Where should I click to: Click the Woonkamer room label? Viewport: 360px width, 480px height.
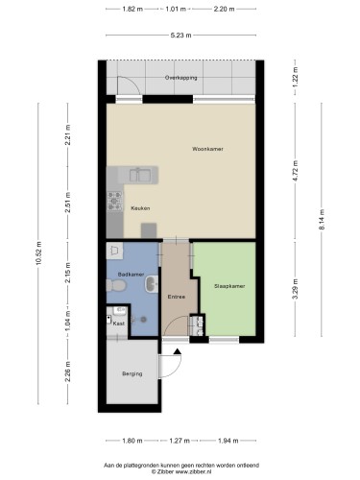[207, 149]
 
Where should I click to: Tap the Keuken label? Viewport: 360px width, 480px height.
[140, 208]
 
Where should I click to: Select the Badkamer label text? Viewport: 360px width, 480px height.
[131, 275]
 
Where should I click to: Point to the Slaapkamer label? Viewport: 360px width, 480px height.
[229, 286]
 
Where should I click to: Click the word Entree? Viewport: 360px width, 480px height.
[177, 297]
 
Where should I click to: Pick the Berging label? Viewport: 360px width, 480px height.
[132, 373]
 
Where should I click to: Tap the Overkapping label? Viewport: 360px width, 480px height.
[180, 78]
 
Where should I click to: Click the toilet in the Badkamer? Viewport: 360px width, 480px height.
[116, 285]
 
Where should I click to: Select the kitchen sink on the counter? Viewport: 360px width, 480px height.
[140, 175]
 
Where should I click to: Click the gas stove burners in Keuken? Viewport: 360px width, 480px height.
[114, 201]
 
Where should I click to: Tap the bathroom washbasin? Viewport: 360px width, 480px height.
[152, 284]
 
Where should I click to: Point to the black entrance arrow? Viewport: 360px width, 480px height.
[178, 351]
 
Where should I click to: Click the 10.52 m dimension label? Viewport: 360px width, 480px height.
[38, 253]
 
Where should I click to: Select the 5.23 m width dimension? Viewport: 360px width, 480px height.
[180, 36]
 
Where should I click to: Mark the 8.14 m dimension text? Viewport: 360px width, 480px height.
[322, 219]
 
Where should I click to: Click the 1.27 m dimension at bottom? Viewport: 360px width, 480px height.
[180, 441]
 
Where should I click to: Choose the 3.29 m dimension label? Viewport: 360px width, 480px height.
[296, 289]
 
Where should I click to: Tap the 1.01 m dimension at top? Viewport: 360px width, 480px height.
[176, 9]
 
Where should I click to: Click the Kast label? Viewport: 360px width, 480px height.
[119, 324]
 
